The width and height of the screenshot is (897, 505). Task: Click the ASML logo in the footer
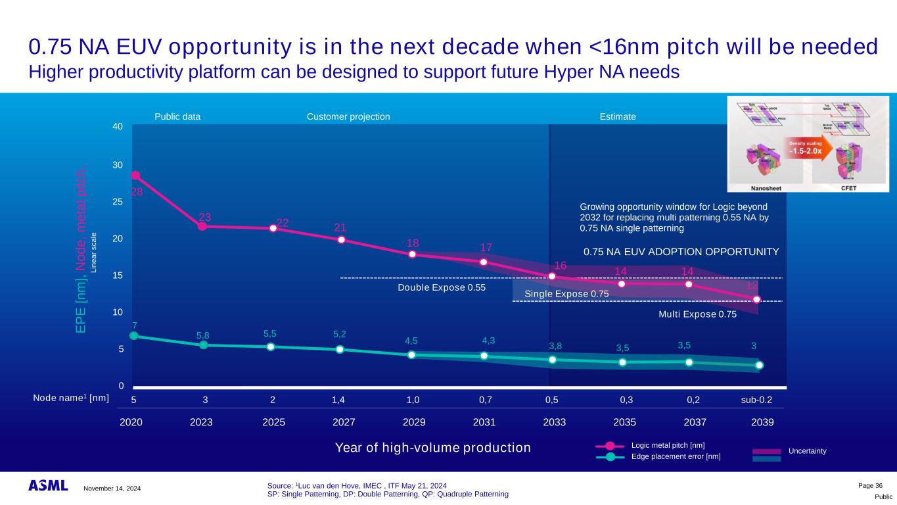(x=48, y=486)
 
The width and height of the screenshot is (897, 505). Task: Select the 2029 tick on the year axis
(x=414, y=422)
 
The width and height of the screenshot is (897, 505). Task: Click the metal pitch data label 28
(x=137, y=192)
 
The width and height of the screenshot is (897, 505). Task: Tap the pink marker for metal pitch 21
(x=342, y=239)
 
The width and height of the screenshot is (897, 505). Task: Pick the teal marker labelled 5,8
(x=204, y=345)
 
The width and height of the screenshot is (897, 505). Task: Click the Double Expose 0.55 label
(x=442, y=288)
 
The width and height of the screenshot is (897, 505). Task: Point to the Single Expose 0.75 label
(x=566, y=293)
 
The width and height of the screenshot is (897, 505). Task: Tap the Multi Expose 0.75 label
(x=697, y=314)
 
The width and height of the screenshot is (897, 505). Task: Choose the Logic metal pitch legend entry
(x=668, y=446)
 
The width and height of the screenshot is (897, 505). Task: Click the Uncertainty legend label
(x=808, y=450)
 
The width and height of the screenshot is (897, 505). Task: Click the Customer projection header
(x=348, y=116)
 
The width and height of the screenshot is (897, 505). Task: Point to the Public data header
(x=177, y=116)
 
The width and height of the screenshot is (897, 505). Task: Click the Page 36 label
(x=871, y=485)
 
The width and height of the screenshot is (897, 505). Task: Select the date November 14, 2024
(x=112, y=488)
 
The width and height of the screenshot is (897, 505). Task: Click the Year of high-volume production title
(x=433, y=448)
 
